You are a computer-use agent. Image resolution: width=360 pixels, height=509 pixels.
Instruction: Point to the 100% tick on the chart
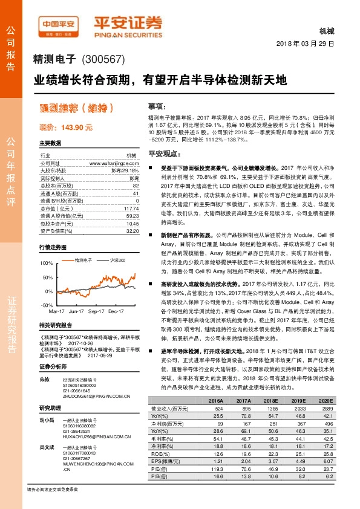46,264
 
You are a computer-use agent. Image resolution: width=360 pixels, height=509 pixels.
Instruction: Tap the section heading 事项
157,105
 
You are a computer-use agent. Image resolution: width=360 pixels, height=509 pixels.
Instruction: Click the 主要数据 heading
50,143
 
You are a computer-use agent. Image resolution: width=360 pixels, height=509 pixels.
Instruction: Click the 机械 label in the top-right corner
325,31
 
